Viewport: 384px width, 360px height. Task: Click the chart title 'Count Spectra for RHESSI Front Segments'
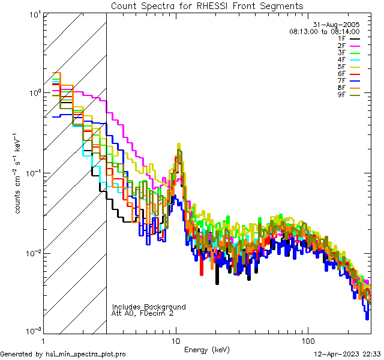click(x=207, y=6)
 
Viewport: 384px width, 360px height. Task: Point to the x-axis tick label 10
click(x=175, y=340)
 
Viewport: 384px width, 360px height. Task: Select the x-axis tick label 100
click(x=308, y=340)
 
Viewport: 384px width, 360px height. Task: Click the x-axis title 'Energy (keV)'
click(x=206, y=350)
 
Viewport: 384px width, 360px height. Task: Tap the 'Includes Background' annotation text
click(x=149, y=307)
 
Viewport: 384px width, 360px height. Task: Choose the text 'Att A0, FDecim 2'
click(x=143, y=314)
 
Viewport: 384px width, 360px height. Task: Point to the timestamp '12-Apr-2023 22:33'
click(x=347, y=355)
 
